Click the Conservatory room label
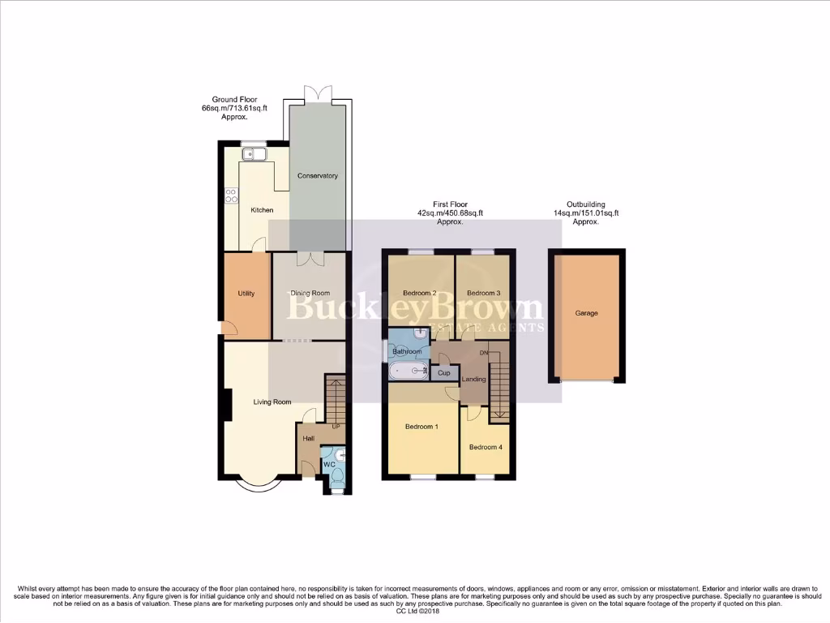coord(317,176)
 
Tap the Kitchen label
coord(262,210)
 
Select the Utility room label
coord(246,294)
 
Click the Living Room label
coord(272,402)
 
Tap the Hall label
coord(308,439)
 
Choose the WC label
coord(329,465)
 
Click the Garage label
coord(586,313)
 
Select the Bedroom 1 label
coord(421,427)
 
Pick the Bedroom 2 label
coord(421,293)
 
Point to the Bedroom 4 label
coord(485,447)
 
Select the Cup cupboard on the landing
coord(443,373)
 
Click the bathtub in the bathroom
coord(409,372)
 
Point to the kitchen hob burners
coord(231,195)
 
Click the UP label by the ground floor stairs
coord(336,427)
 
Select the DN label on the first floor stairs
coord(484,353)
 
